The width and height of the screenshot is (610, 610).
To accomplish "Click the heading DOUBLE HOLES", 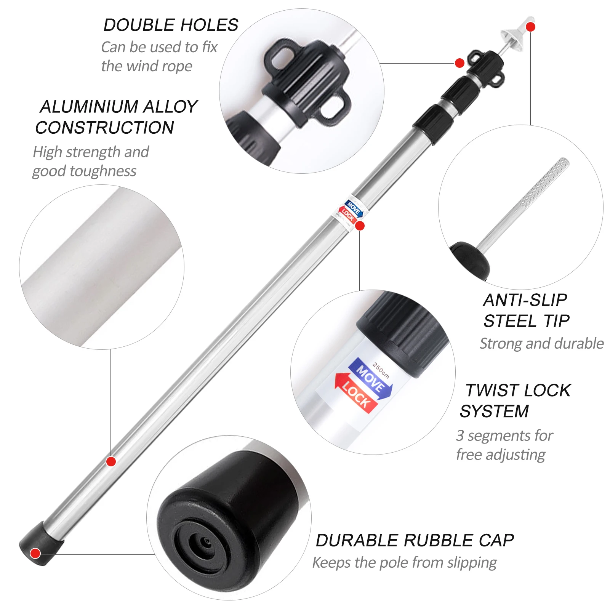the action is [171, 25].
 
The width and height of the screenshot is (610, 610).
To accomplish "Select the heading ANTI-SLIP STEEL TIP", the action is [527, 311].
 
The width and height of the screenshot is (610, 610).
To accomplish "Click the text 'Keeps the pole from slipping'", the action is [405, 563].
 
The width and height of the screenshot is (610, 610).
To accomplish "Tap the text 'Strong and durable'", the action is [541, 344].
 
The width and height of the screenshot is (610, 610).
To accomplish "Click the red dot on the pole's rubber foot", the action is [35, 553].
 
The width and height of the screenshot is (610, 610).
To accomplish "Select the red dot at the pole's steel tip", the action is [530, 27].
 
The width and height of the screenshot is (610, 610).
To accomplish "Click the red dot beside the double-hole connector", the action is [460, 63].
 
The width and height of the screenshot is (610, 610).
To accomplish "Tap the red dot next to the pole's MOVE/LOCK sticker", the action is [360, 226].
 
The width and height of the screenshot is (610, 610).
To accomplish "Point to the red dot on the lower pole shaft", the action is [111, 462].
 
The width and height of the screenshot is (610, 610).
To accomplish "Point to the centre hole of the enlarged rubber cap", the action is [206, 541].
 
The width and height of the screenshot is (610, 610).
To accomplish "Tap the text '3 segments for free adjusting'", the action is [504, 445].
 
